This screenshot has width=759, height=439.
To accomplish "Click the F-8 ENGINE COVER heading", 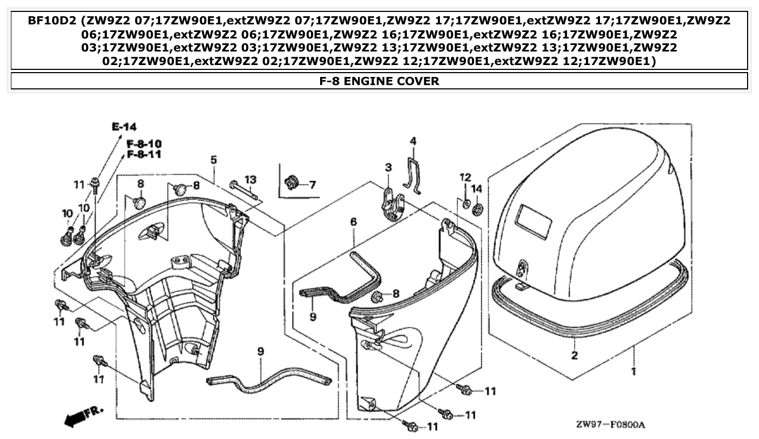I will (379, 81).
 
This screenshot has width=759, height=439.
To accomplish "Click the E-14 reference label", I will (124, 127).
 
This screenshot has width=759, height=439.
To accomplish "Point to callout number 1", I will (633, 372).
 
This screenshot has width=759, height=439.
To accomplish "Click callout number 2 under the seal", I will (574, 356).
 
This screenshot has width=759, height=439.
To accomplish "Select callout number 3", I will (388, 168).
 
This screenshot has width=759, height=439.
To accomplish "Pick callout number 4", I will (413, 141).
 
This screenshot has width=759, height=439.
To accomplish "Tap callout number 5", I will (213, 160).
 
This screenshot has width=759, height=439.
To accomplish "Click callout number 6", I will (353, 222).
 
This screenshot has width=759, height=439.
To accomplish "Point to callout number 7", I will (312, 185).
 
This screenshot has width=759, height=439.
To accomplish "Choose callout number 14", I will (476, 189).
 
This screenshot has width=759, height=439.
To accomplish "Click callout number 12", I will (465, 177).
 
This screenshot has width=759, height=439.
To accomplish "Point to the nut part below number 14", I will (477, 208).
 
